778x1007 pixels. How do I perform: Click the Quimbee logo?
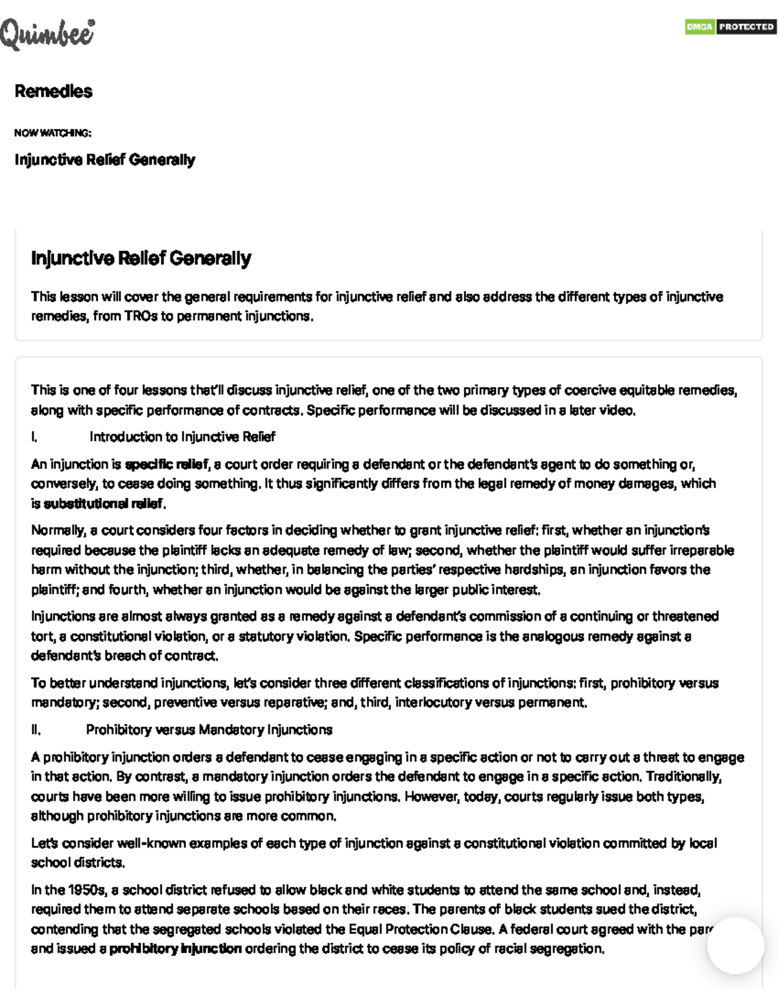[47, 34]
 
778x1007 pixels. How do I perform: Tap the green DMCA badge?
[700, 27]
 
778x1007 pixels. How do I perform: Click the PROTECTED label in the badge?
[746, 27]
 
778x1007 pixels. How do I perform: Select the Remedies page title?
[53, 91]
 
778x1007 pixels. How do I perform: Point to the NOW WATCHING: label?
[53, 133]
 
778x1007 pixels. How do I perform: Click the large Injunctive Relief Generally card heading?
[141, 258]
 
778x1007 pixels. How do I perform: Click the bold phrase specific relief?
[166, 464]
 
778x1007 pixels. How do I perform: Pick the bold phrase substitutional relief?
[103, 504]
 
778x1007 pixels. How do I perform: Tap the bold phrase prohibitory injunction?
[175, 949]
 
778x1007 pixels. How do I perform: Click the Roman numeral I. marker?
[34, 437]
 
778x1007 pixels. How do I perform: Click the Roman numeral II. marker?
[36, 730]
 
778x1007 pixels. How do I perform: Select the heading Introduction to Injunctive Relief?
[182, 437]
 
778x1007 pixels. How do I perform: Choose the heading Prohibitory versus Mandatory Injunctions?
[209, 730]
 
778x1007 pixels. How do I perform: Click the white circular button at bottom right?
[735, 945]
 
